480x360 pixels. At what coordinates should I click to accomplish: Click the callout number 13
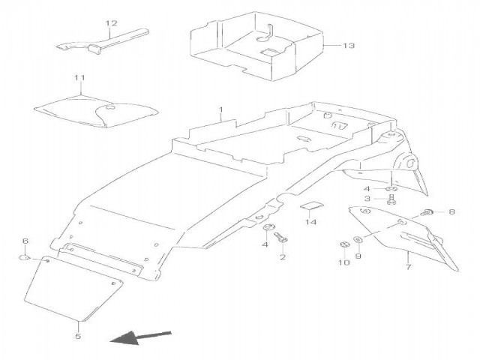click(x=348, y=46)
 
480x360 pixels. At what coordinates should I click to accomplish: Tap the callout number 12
click(x=111, y=23)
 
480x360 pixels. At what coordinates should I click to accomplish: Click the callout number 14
click(x=310, y=222)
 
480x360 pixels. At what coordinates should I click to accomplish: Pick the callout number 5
click(x=78, y=337)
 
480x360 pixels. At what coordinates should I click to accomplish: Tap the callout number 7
click(x=408, y=266)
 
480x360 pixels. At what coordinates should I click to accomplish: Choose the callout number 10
click(x=343, y=262)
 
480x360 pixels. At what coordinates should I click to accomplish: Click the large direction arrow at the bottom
click(x=140, y=338)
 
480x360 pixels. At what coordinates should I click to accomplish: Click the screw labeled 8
click(x=430, y=213)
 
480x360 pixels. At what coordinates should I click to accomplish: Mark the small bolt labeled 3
click(x=392, y=200)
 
